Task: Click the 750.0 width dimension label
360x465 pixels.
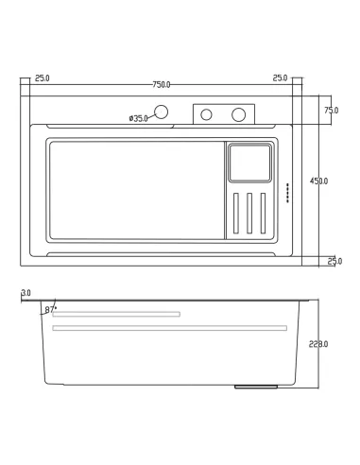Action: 162,85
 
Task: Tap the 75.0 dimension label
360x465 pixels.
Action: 331,111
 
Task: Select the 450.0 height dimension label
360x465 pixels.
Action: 318,181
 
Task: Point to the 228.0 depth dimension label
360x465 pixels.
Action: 318,344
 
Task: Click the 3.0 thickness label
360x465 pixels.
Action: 26,293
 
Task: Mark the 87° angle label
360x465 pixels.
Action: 50,309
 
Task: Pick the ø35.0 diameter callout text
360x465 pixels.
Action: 138,118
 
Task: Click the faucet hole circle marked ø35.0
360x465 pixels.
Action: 161,112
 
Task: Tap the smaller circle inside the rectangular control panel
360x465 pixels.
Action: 206,114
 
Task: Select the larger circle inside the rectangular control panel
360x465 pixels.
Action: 238,114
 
